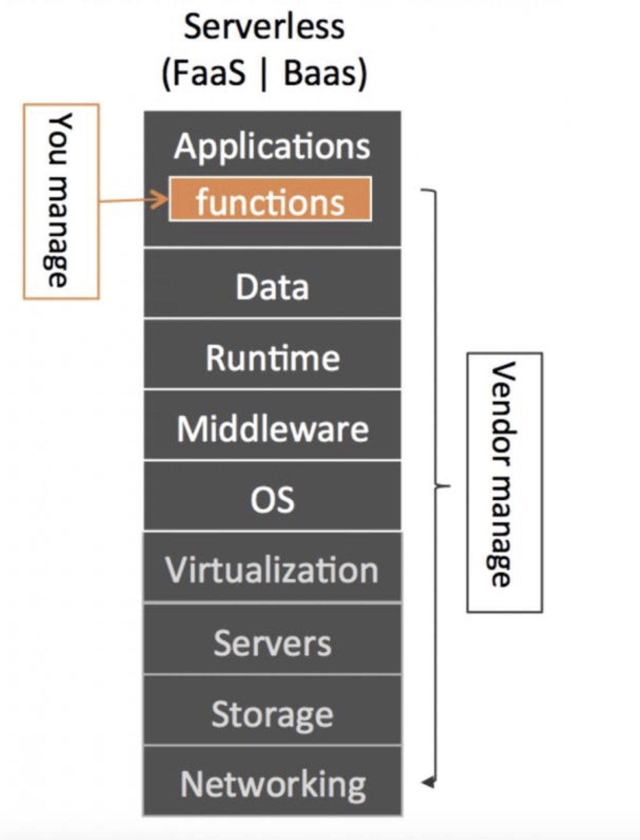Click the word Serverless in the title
pos(264,27)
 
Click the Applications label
pos(272,146)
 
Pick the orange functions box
pos(270,200)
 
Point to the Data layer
pos(272,287)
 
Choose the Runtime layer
pos(272,357)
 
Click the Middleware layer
pos(272,429)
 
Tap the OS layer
pos(272,499)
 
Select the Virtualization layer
pos(272,569)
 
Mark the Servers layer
pos(272,643)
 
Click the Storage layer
pos(272,714)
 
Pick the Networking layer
pos(272,784)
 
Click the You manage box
pos(61,202)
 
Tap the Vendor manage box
pos(504,482)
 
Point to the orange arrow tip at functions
pos(165,200)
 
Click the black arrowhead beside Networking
pos(428,782)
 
